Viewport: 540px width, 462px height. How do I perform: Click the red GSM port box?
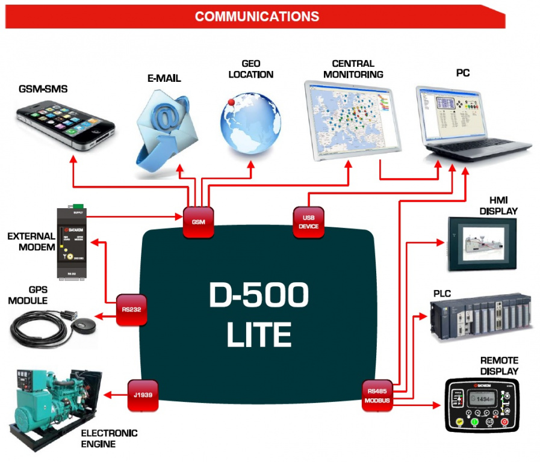point(198,222)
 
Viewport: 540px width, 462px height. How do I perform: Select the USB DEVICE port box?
point(308,222)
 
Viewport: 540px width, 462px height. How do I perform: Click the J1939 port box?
point(143,395)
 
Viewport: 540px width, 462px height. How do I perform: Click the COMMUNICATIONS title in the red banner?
point(257,16)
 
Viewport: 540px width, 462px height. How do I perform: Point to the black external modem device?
point(72,244)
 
